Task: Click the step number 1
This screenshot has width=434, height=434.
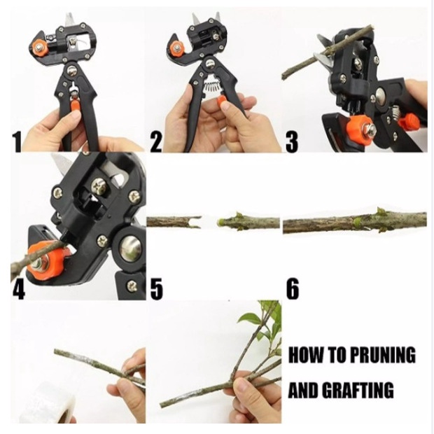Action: (17, 142)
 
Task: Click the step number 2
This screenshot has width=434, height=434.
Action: (156, 142)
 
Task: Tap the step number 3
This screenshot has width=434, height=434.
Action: (291, 142)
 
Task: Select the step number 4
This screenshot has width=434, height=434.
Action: (19, 289)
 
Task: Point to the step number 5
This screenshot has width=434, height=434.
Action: (157, 289)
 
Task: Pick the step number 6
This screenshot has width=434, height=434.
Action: (293, 289)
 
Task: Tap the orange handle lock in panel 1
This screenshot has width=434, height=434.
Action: (74, 105)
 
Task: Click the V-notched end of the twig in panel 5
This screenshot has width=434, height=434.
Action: (197, 222)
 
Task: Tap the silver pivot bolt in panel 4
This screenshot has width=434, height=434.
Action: (131, 247)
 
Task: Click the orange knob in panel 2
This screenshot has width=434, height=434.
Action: (176, 49)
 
